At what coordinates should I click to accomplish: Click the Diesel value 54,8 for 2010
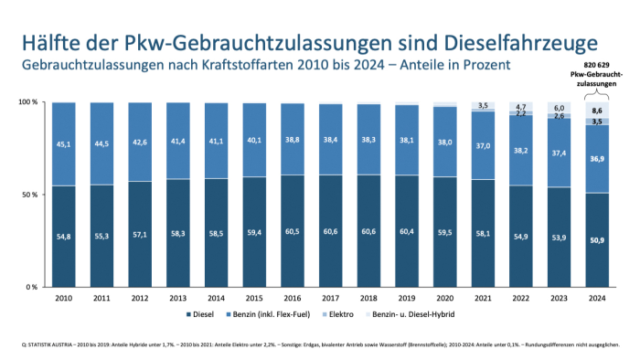pos(64,236)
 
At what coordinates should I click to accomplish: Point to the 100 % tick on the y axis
pos(28,102)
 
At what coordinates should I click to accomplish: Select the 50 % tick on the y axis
pos(30,195)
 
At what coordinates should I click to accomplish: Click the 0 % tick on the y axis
pos(32,287)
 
